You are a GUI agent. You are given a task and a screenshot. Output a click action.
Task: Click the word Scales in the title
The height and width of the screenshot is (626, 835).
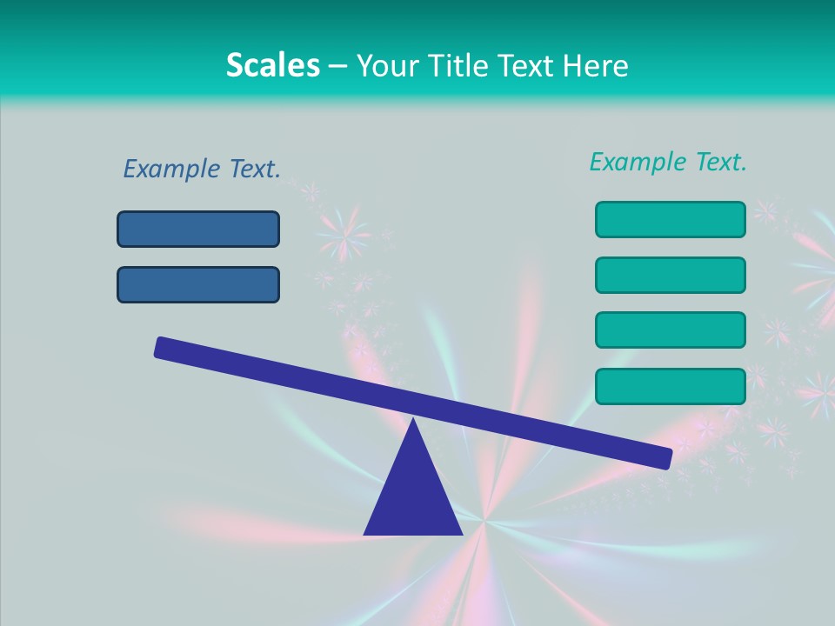[x=272, y=65]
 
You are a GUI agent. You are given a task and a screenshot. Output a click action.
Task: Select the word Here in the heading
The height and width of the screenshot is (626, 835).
[x=595, y=66]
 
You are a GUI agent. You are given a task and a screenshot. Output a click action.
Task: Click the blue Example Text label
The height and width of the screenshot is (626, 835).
[x=202, y=169]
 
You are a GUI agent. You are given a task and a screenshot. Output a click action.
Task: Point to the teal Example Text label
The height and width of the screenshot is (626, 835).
[x=668, y=162]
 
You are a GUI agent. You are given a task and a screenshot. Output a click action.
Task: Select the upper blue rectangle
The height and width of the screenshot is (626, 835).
[x=198, y=229]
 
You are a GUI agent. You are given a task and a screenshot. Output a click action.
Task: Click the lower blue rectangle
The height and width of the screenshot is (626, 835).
[x=198, y=284]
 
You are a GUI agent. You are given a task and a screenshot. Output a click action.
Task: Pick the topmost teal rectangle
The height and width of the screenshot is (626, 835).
[x=670, y=219]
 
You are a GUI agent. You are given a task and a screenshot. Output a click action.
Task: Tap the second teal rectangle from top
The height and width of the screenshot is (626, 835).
[x=670, y=275]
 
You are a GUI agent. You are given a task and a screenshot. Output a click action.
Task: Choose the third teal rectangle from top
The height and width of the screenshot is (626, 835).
[x=670, y=330]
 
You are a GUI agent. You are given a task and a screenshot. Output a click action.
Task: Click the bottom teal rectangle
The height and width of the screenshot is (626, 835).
[x=670, y=386]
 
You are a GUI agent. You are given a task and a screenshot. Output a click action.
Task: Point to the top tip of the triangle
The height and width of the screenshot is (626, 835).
[x=413, y=420]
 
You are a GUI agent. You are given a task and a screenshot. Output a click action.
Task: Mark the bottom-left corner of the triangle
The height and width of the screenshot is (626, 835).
[x=365, y=533]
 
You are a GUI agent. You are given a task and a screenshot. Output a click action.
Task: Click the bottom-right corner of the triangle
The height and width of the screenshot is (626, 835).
[x=461, y=533]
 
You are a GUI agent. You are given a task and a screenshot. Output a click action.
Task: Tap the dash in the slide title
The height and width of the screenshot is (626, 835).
[x=337, y=66]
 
